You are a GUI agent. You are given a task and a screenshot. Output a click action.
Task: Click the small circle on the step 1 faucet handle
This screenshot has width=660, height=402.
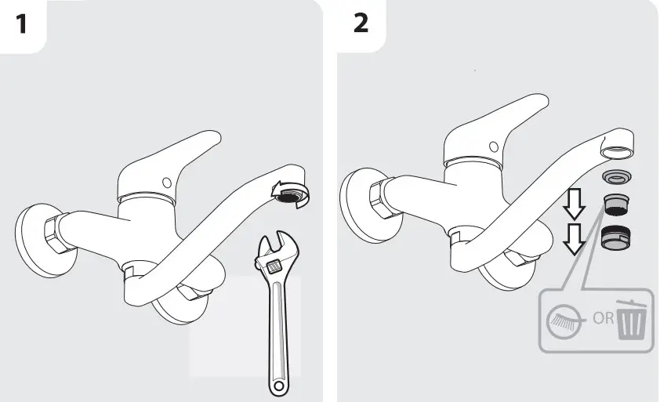(x=165, y=183)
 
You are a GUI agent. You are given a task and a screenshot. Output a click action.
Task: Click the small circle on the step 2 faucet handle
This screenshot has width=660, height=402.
(x=492, y=146)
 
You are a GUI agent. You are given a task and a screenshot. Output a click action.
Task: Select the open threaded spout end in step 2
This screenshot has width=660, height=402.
(x=616, y=148)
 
